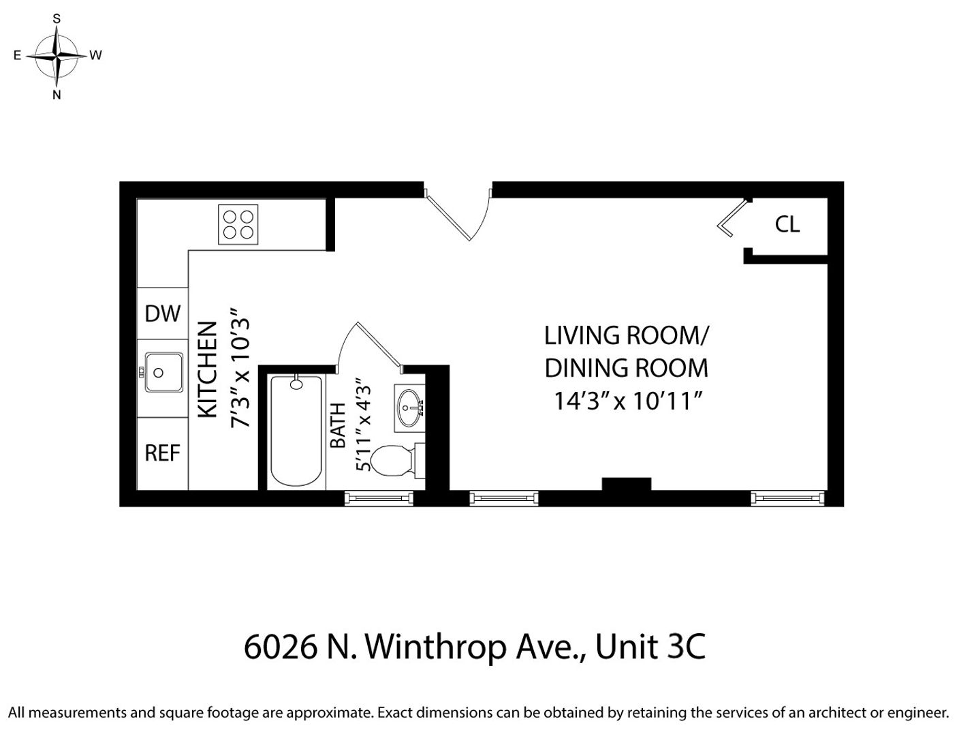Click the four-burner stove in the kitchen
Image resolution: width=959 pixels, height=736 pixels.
point(238,224)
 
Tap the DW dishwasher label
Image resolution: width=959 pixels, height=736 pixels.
point(162,313)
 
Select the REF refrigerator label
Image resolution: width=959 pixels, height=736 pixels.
point(162,453)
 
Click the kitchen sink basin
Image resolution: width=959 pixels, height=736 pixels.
point(163,372)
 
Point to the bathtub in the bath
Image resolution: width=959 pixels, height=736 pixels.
point(296,431)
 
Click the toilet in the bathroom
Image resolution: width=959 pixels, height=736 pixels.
point(397,461)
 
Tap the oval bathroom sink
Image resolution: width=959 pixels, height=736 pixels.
point(409,408)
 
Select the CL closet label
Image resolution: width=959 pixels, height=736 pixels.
point(787,224)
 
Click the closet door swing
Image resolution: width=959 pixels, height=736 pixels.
point(731,219)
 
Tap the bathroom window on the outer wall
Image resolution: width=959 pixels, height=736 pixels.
point(379,498)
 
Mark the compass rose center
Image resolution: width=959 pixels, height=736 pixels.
point(57,56)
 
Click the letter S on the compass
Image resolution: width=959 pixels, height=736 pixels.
point(57,18)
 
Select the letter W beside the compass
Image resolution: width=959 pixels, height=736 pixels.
point(96,55)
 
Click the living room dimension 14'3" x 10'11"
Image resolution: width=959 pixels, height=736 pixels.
point(627,401)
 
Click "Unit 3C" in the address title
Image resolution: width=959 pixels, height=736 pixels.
point(650,647)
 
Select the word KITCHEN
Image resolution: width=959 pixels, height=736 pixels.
point(207,369)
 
